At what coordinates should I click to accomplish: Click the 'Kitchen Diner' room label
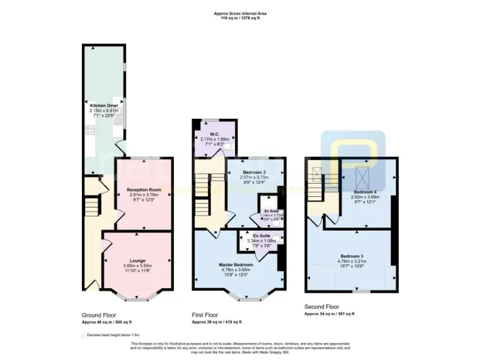(x=104, y=106)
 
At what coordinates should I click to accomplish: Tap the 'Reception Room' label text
(x=144, y=189)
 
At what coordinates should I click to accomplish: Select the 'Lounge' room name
(x=137, y=261)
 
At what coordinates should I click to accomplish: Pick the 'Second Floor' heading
(x=321, y=307)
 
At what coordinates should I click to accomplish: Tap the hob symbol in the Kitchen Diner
(x=89, y=131)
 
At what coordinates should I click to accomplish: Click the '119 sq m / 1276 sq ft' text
(x=240, y=19)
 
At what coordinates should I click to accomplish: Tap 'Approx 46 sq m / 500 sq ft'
(x=107, y=322)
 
